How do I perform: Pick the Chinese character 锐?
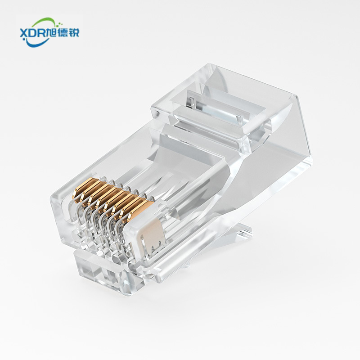click(74, 33)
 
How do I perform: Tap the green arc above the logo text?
click(44, 22)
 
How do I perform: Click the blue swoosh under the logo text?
click(37, 43)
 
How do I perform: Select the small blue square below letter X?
click(23, 40)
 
